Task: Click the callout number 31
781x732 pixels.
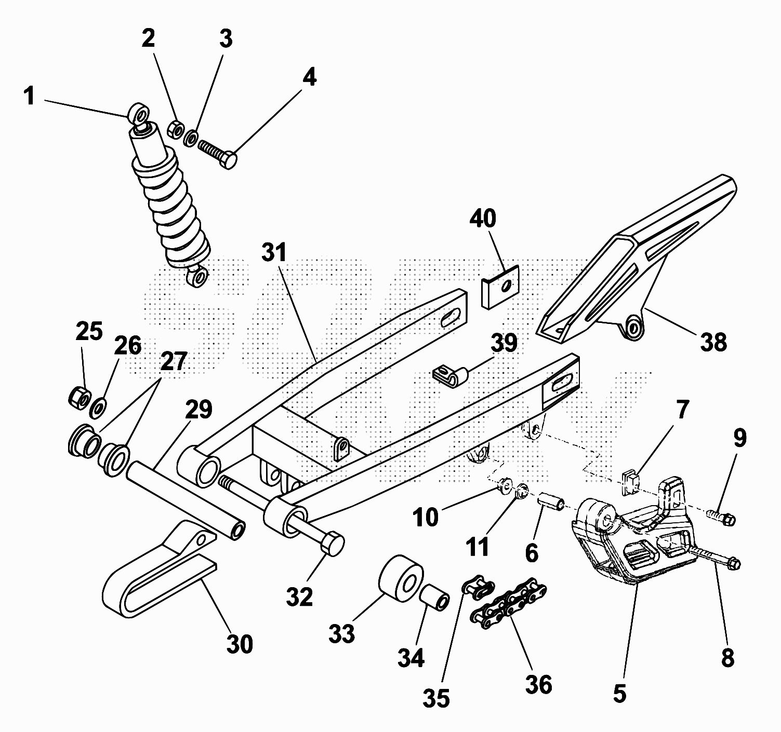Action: coord(274,253)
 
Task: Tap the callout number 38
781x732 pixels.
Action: coord(714,342)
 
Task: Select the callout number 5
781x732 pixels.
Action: coord(619,694)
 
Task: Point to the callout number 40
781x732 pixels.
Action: coord(483,219)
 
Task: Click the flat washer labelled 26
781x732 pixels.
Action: coord(98,408)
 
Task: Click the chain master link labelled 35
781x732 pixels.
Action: coord(478,587)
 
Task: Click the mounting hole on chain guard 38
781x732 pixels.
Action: coord(632,328)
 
